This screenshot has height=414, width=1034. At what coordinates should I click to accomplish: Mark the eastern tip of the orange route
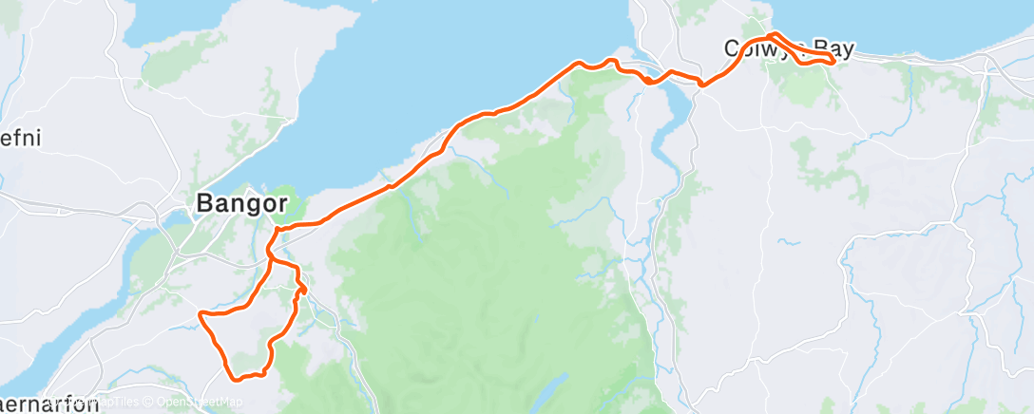pyautogui.click(x=833, y=61)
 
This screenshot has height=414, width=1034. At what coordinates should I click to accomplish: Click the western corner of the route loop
pyautogui.click(x=200, y=312)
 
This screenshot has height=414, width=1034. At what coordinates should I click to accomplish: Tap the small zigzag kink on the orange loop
pyautogui.click(x=301, y=287)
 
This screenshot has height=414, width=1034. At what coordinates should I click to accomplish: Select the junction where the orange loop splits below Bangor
pyautogui.click(x=271, y=255)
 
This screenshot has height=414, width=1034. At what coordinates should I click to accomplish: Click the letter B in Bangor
pyautogui.click(x=202, y=203)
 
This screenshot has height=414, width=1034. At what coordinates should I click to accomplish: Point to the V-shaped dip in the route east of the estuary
pyautogui.click(x=702, y=85)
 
